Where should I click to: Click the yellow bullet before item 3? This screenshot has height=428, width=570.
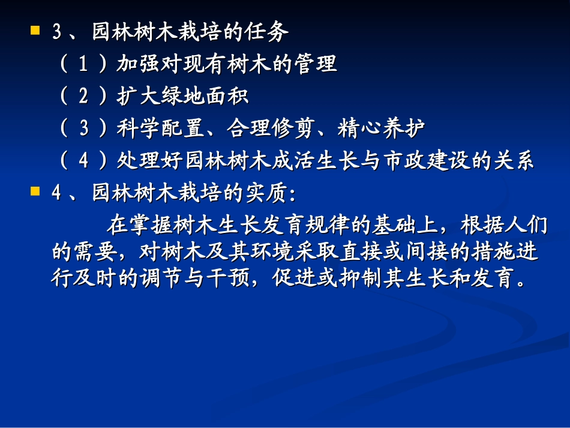pyautogui.click(x=35, y=29)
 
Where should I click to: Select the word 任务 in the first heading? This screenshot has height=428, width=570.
pyautogui.click(x=269, y=32)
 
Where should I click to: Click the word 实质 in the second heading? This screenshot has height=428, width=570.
pyautogui.click(x=269, y=193)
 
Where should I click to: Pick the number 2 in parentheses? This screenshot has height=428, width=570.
pyautogui.click(x=83, y=97)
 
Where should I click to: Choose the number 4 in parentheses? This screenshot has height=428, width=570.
pyautogui.click(x=83, y=161)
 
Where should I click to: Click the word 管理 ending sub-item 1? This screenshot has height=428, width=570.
pyautogui.click(x=317, y=64)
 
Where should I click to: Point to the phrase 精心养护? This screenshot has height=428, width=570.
pyautogui.click(x=382, y=129)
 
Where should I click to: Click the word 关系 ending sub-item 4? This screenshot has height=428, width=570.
pyautogui.click(x=514, y=161)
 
